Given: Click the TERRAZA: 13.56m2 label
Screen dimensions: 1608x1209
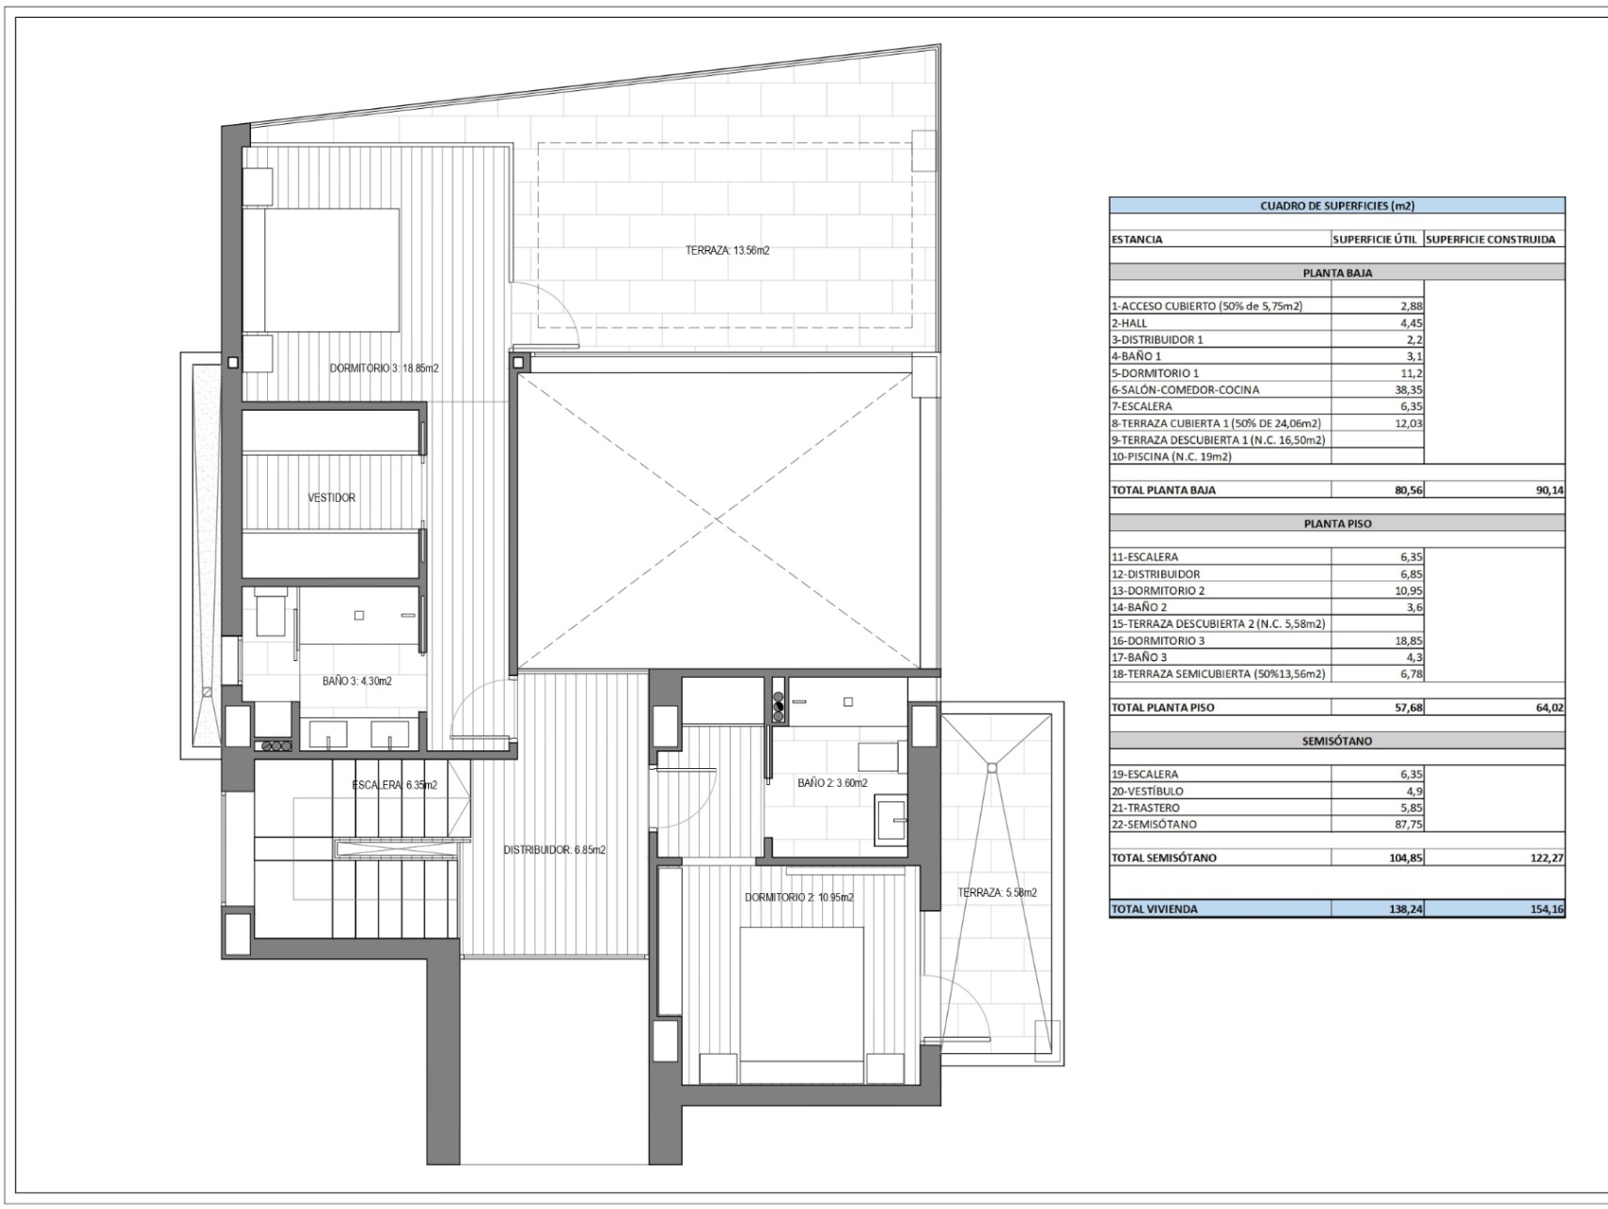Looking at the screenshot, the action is click(x=728, y=251).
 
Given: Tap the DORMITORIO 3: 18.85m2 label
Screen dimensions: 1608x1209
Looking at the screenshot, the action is click(x=384, y=369).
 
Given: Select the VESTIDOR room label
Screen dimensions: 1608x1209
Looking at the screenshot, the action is click(x=332, y=498).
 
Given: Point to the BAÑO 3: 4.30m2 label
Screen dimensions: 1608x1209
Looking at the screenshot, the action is click(x=357, y=682).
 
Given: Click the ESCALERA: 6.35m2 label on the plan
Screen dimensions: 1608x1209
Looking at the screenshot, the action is click(x=395, y=785).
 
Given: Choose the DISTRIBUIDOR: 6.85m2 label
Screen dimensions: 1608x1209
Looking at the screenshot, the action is click(x=555, y=850).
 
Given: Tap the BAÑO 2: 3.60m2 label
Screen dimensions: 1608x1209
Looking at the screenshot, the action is click(x=832, y=783).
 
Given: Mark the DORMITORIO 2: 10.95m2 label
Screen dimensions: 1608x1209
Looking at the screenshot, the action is click(x=799, y=898).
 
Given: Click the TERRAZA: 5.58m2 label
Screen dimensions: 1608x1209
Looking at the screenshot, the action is click(x=998, y=893).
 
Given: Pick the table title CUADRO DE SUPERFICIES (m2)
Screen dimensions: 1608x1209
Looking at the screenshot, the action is click(x=1337, y=206).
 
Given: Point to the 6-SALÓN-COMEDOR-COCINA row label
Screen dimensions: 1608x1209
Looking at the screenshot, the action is click(x=1185, y=390).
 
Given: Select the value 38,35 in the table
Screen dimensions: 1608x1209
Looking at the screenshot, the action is click(x=1407, y=390).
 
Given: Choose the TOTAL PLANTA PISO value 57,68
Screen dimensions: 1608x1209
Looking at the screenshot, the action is click(x=1407, y=708).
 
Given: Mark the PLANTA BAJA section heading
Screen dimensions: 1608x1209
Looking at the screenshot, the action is click(x=1337, y=274).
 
